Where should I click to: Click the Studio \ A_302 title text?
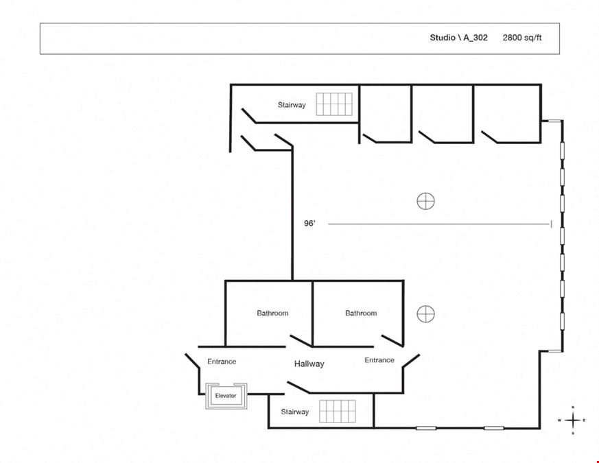[x=458, y=38]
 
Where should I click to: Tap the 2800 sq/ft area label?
[x=522, y=38]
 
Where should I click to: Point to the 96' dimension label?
[x=310, y=224]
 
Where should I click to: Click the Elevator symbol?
[x=226, y=396]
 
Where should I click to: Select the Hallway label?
[x=309, y=364]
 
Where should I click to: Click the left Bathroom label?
[x=272, y=313]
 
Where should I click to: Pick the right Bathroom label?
[x=361, y=313]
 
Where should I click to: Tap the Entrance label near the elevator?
[x=222, y=361]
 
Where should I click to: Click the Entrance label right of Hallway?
[x=379, y=360]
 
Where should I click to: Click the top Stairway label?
[x=292, y=105]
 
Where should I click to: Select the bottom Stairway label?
[x=295, y=412]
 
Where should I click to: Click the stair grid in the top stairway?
[x=334, y=104]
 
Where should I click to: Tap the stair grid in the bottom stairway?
[x=338, y=412]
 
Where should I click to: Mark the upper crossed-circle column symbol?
[x=425, y=201]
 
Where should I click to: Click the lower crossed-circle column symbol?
[x=425, y=314]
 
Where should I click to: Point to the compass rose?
[x=573, y=420]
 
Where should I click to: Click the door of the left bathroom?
[x=301, y=341]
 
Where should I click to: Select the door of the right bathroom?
[x=392, y=341]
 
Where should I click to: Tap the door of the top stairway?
[x=249, y=116]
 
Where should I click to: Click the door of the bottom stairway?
[x=298, y=387]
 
